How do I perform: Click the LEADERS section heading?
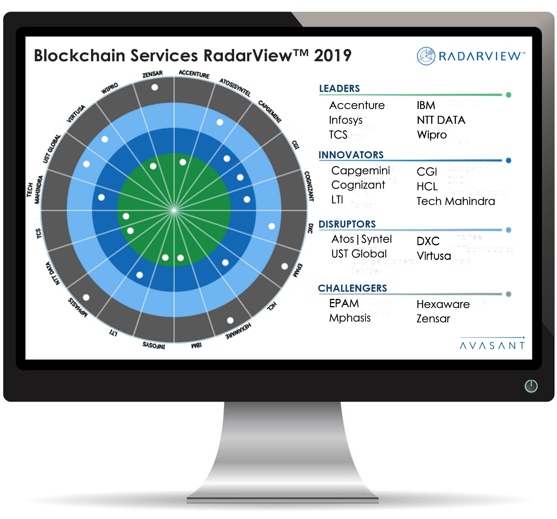(339, 88)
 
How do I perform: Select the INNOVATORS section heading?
(351, 155)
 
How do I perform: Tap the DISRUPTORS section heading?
(347, 224)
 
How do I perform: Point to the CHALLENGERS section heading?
(352, 288)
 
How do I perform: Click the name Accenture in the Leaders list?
(357, 105)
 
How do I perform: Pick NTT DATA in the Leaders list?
(441, 120)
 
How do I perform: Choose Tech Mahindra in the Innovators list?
(455, 201)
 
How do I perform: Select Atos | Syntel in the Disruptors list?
(362, 239)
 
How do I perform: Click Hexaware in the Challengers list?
(443, 304)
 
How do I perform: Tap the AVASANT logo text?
(492, 345)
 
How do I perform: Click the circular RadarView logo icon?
(426, 56)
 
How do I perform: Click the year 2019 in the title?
(332, 56)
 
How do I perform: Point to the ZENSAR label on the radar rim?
(152, 74)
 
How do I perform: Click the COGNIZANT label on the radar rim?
(309, 186)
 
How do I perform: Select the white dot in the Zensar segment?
(155, 87)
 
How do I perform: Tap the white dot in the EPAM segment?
(285, 266)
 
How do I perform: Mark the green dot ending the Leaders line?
(508, 95)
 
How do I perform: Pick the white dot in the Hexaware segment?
(230, 320)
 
